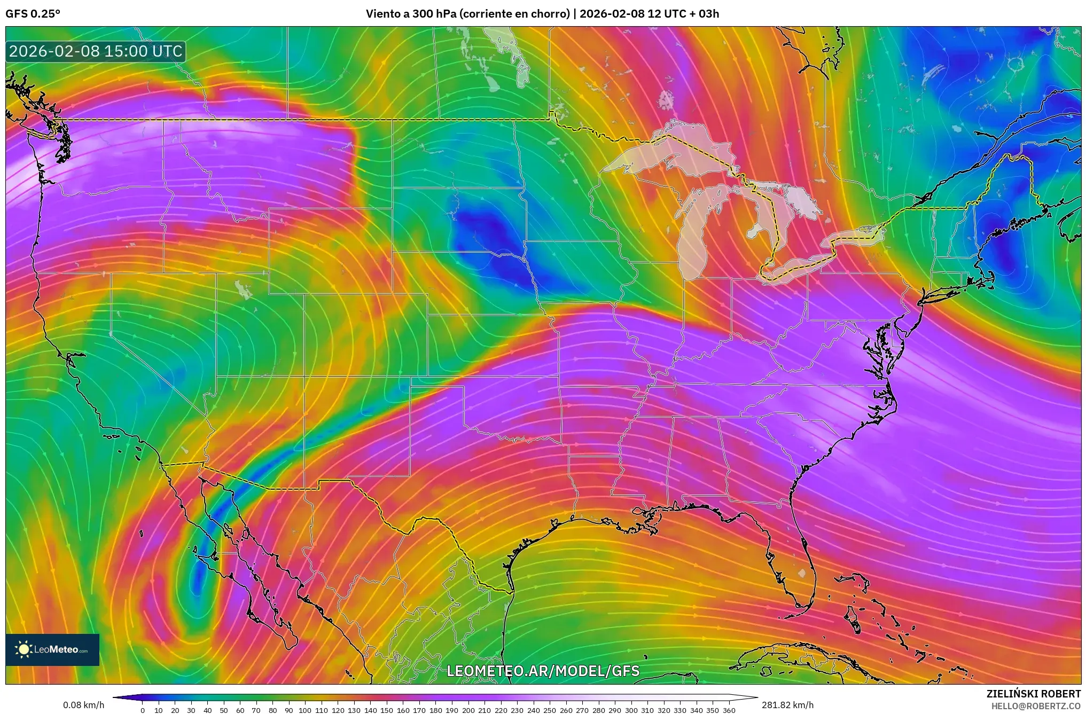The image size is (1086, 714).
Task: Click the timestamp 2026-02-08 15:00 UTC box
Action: (x=96, y=52)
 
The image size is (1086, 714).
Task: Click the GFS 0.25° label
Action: (x=33, y=14)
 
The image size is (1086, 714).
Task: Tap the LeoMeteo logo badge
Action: (x=52, y=649)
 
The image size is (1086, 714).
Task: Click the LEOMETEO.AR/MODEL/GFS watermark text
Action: (x=543, y=671)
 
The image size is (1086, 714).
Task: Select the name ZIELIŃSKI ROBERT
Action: (x=1033, y=694)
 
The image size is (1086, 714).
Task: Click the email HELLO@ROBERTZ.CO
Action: (x=1035, y=706)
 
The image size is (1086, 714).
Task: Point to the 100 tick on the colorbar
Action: (x=305, y=710)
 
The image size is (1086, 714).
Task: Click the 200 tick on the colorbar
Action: (x=468, y=710)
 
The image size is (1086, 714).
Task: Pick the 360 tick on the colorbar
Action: (x=729, y=710)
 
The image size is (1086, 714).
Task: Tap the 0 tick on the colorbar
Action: (x=142, y=710)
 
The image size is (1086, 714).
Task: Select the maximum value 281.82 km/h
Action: (x=787, y=705)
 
